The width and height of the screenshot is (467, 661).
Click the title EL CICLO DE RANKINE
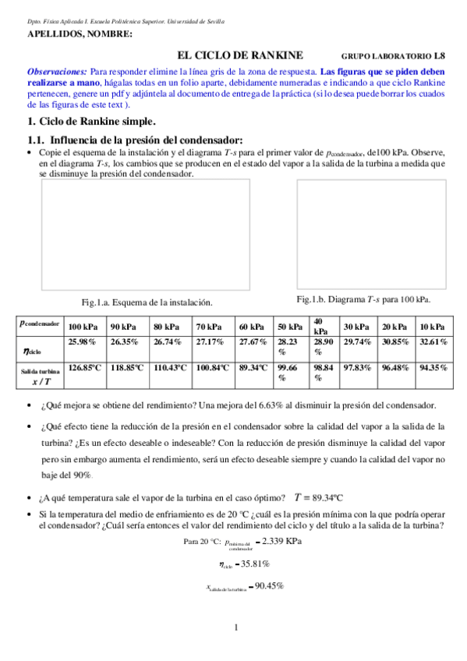(240, 55)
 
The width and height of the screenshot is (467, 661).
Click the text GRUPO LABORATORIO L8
(394, 56)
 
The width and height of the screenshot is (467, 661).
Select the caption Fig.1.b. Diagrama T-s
(363, 299)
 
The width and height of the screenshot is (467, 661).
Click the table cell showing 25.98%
(82, 341)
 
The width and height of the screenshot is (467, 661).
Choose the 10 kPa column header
(433, 327)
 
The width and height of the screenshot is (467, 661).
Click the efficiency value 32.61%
(433, 341)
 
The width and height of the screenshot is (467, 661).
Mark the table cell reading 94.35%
(433, 366)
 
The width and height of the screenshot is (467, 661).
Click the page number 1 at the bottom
(235, 627)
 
